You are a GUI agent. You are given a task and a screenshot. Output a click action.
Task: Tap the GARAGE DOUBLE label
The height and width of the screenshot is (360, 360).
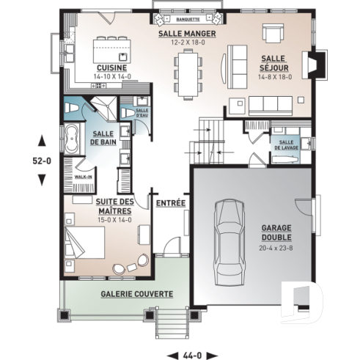pos(276,232)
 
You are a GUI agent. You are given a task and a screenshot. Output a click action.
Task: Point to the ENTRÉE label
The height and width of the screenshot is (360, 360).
pos(169,202)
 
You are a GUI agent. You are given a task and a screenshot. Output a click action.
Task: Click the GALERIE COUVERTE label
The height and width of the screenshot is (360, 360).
pos(136,294)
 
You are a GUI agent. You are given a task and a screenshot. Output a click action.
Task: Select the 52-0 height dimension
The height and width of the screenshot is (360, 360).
pos(42,158)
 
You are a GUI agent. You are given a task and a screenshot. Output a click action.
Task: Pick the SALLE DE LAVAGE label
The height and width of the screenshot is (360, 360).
pos(286,144)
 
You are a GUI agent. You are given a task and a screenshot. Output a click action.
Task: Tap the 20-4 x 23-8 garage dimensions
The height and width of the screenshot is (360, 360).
pos(276,247)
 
